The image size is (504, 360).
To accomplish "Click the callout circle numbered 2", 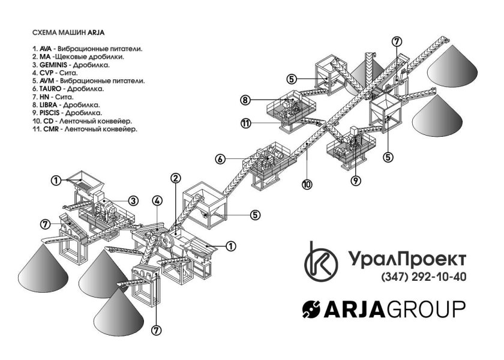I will coord(175,178).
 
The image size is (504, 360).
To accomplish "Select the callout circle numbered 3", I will coord(133,200).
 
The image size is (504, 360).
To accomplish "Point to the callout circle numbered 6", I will coord(221,159).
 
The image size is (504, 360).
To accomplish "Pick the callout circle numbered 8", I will coord(245,100).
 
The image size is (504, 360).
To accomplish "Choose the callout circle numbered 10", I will coord(307,185).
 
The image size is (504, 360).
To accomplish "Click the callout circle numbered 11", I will coord(245,124).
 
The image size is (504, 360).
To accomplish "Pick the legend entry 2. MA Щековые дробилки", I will coord(78,56).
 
